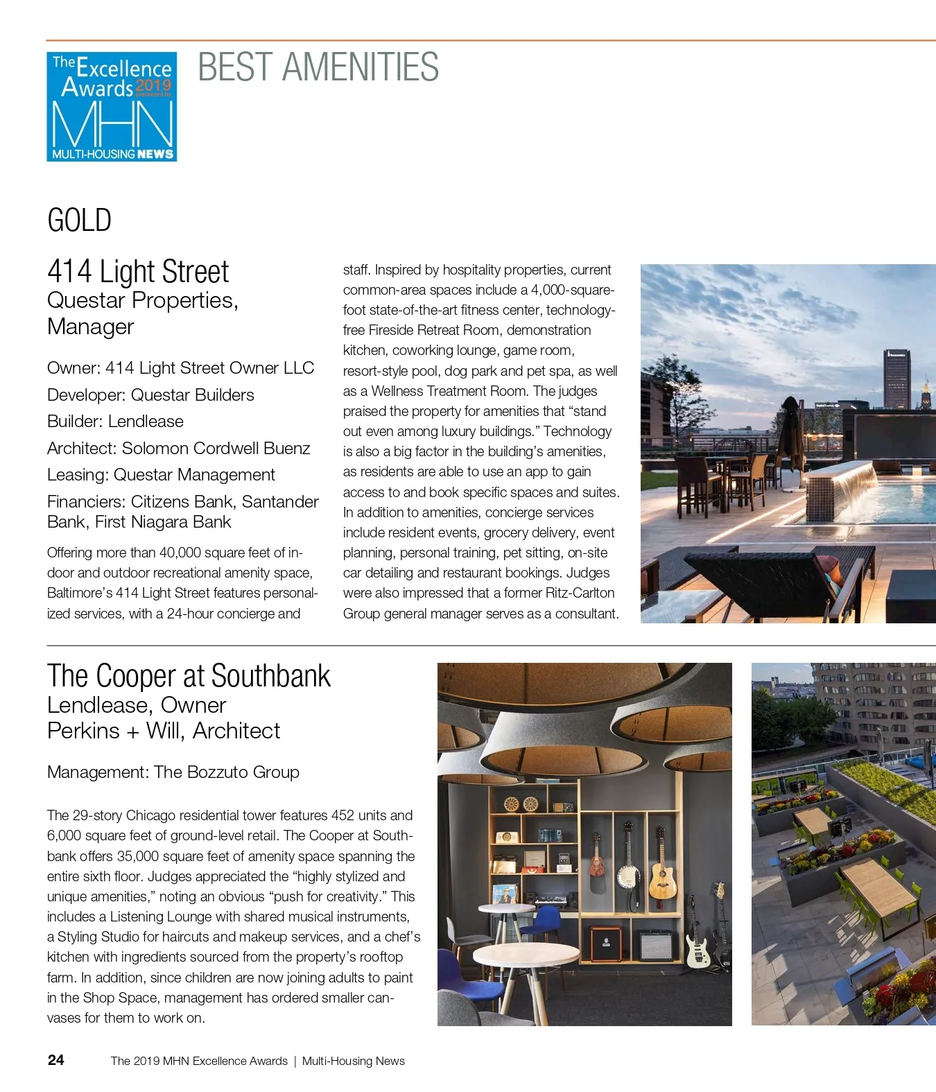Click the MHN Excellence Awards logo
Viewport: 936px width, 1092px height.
click(x=112, y=107)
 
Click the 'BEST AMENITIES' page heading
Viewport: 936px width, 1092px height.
click(x=318, y=67)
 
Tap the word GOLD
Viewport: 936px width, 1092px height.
click(x=79, y=220)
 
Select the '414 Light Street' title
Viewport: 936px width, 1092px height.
click(x=138, y=271)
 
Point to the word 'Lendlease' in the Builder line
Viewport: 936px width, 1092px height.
click(x=146, y=422)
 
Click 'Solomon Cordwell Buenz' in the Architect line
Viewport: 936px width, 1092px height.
click(x=216, y=449)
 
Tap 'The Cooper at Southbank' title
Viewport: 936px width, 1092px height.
click(x=189, y=676)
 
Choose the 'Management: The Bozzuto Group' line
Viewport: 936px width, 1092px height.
click(x=173, y=772)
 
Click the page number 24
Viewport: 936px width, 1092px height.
click(x=56, y=1060)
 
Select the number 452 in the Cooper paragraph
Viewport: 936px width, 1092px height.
click(x=343, y=815)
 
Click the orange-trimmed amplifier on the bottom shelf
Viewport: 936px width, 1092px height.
click(x=605, y=943)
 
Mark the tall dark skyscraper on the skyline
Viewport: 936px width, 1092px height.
click(x=896, y=380)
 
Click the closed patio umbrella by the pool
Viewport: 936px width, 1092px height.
click(x=790, y=430)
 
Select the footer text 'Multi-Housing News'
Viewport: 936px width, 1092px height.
click(x=353, y=1061)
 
